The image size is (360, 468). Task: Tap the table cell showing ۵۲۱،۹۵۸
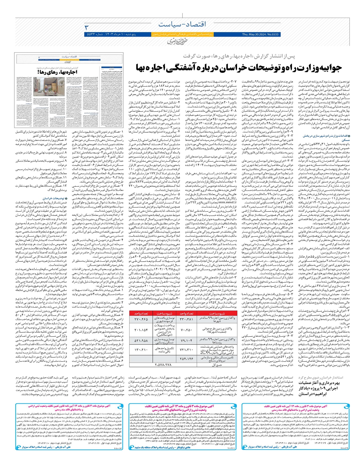141,340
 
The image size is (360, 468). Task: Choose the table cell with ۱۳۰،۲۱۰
141,350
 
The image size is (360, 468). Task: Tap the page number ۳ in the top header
87,27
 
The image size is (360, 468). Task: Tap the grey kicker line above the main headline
239,56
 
